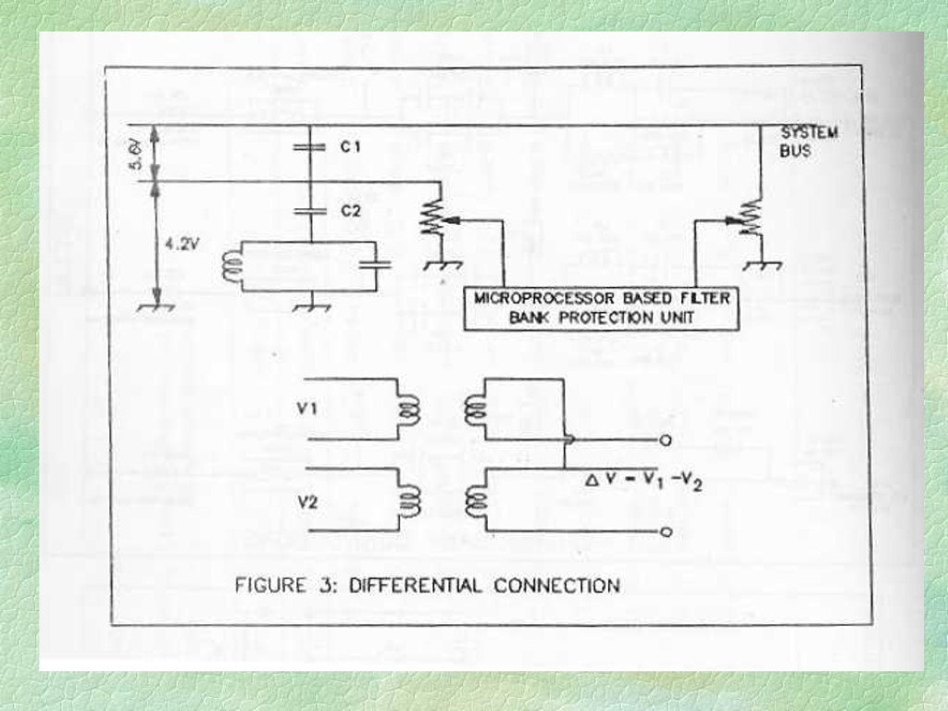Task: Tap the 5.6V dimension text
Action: pos(136,154)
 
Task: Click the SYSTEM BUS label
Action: pos(808,141)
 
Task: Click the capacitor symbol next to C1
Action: pos(311,146)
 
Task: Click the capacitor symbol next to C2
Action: pos(311,211)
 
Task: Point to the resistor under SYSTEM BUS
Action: pos(751,218)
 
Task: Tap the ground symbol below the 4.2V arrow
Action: pos(156,307)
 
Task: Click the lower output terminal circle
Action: pos(665,531)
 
